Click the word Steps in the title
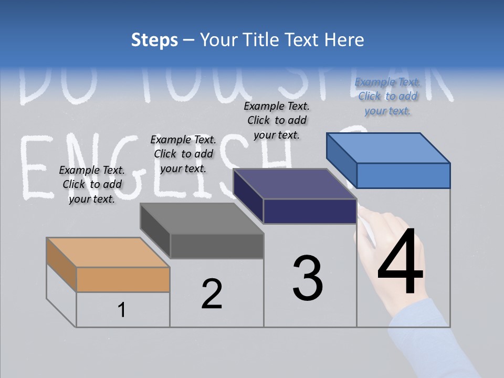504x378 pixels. (x=154, y=40)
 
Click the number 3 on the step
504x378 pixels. (x=308, y=278)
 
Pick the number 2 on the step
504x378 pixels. (x=212, y=294)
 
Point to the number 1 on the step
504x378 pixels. (x=122, y=310)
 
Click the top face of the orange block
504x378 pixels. (x=108, y=252)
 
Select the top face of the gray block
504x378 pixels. (x=202, y=218)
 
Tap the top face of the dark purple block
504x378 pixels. (x=295, y=184)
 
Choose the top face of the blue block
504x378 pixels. (x=388, y=148)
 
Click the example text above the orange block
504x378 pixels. (x=92, y=184)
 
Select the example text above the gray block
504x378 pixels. (x=183, y=154)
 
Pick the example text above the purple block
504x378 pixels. (x=277, y=120)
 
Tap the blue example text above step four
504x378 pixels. (x=387, y=96)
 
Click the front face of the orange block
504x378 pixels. (x=123, y=279)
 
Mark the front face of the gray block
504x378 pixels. (x=216, y=246)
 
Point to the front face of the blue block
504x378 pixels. (x=403, y=175)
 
